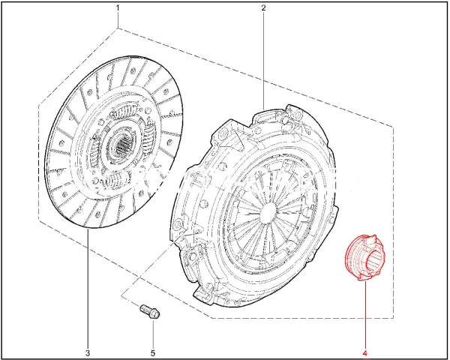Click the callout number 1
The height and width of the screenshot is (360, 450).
coord(118,7)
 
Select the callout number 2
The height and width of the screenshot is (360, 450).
coord(263,7)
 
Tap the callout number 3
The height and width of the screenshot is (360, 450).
coord(88,352)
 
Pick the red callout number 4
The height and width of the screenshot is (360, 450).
coord(365,352)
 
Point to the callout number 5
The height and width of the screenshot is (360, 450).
coord(153,352)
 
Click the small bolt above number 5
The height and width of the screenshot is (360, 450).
coord(149,312)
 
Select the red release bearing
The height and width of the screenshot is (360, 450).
coord(364,257)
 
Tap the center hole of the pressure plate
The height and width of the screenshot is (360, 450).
coord(268,211)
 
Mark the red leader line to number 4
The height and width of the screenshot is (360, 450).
coord(365,314)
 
